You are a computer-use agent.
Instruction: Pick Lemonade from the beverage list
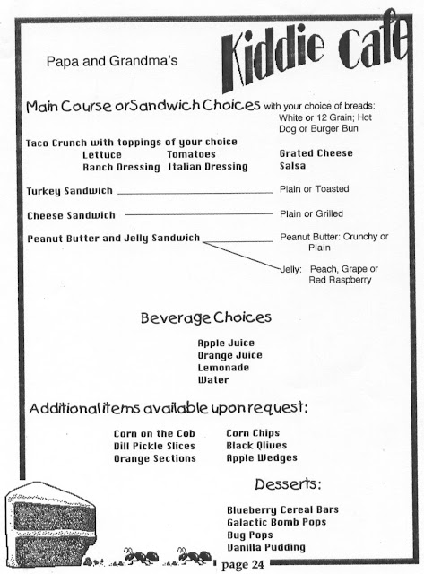pos(225,368)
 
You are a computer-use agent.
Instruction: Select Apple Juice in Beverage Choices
pos(226,343)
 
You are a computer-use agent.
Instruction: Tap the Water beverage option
pos(213,380)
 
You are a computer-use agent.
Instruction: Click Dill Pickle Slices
pos(155,446)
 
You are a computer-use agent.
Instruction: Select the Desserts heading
pos(288,485)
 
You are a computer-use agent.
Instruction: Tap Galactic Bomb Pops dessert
pos(281,522)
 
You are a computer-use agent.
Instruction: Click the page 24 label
pos(243,564)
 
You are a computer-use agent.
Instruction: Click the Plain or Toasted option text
pos(314,190)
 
